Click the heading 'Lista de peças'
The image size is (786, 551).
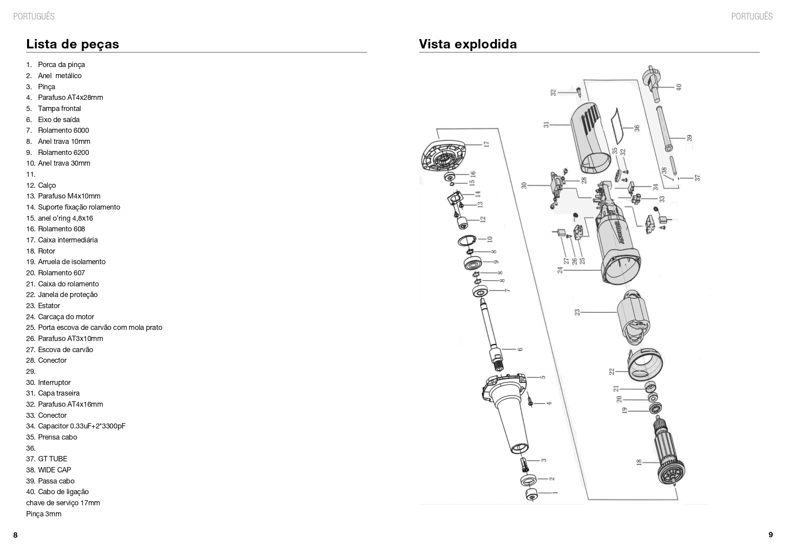pyautogui.click(x=73, y=44)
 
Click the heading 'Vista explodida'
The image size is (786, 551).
pyautogui.click(x=468, y=44)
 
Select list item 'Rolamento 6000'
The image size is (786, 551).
pyautogui.click(x=63, y=130)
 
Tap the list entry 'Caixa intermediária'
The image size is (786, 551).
pyautogui.click(x=67, y=240)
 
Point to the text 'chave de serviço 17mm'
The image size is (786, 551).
pyautogui.click(x=63, y=503)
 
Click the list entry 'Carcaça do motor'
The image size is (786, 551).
pyautogui.click(x=66, y=317)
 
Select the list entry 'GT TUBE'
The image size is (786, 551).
pyautogui.click(x=52, y=459)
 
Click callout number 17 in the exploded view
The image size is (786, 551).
pyautogui.click(x=487, y=144)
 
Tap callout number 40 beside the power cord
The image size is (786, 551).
pyautogui.click(x=679, y=87)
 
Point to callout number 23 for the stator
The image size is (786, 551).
pyautogui.click(x=577, y=312)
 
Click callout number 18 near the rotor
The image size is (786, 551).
pyautogui.click(x=639, y=462)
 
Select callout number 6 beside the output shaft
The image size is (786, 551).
pyautogui.click(x=520, y=349)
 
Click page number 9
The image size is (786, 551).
pyautogui.click(x=770, y=535)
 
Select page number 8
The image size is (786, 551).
pyautogui.click(x=16, y=535)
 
